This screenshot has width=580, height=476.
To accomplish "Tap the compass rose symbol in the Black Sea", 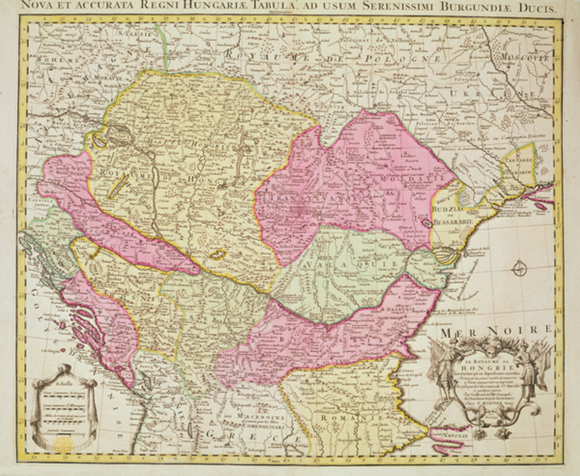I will (519, 268).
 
